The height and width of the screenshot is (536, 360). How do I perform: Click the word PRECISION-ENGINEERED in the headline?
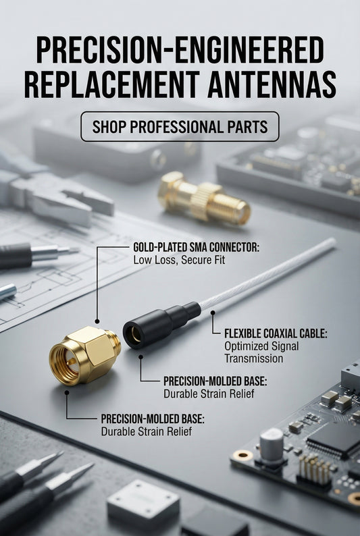pyautogui.click(x=180, y=51)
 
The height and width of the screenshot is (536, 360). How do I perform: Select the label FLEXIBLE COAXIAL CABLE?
pyautogui.click(x=276, y=334)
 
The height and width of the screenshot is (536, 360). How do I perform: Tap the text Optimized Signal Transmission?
pyautogui.click(x=261, y=352)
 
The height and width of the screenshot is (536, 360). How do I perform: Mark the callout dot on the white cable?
pyautogui.click(x=212, y=313)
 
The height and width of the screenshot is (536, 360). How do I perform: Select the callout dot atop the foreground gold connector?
pyautogui.click(x=97, y=321)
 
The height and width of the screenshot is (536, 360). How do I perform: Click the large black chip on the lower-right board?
pyautogui.click(x=334, y=438)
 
